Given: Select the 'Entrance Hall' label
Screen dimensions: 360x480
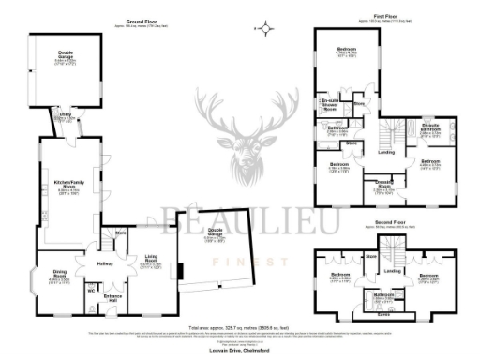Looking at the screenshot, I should point(114,297).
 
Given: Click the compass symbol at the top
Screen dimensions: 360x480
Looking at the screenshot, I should point(266,28).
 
